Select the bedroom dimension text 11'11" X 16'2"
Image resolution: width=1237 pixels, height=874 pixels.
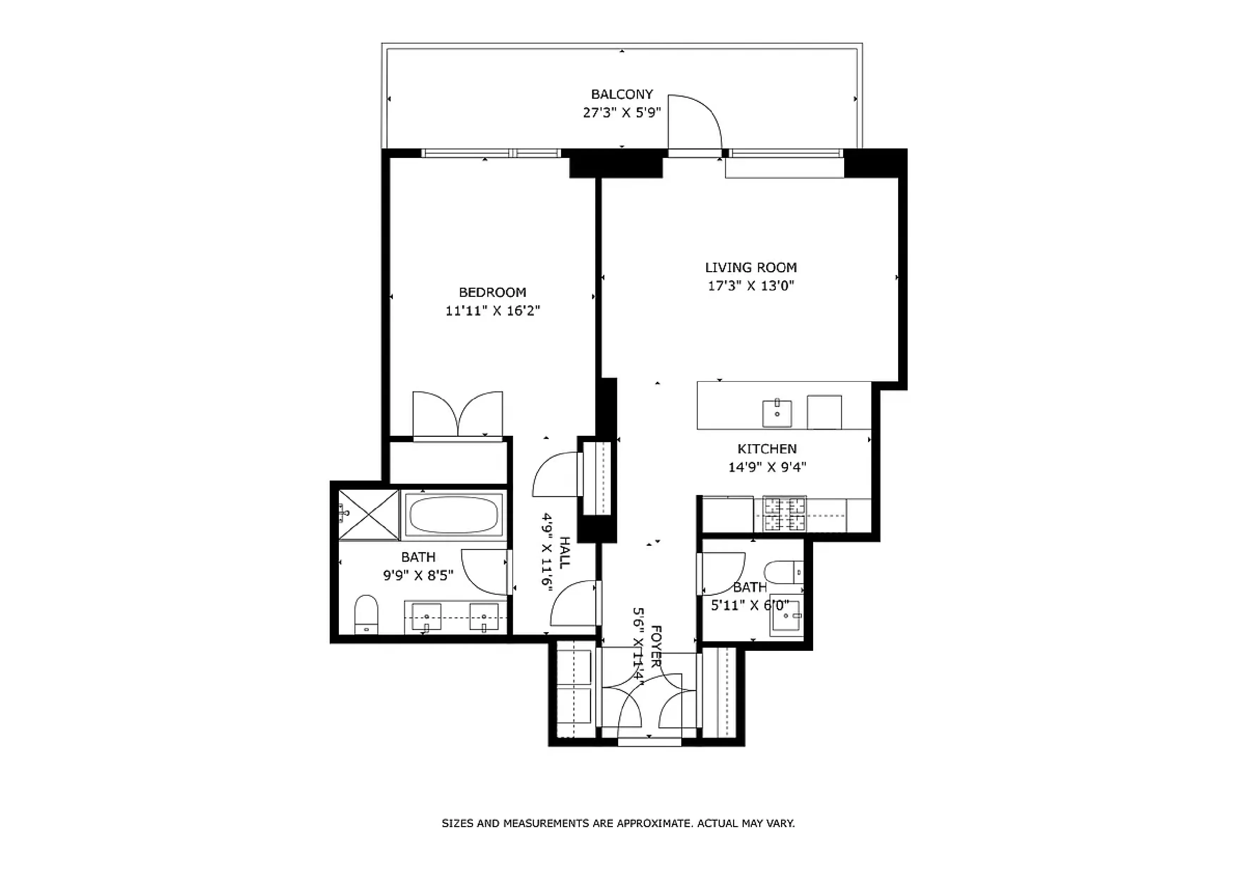pyautogui.click(x=492, y=311)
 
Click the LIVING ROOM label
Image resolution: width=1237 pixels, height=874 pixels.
pyautogui.click(x=751, y=268)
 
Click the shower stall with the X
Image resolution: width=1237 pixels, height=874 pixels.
pyautogui.click(x=368, y=514)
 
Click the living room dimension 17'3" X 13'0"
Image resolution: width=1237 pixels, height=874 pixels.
pyautogui.click(x=751, y=286)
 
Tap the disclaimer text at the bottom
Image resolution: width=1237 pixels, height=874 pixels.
pyautogui.click(x=618, y=823)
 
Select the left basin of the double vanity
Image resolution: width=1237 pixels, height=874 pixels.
pyautogui.click(x=426, y=616)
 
